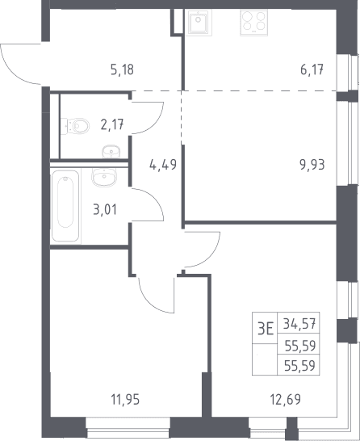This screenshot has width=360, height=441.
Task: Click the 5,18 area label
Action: coord(122,69)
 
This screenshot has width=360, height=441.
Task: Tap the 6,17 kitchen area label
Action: coord(312,69)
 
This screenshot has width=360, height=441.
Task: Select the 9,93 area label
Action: coord(312,165)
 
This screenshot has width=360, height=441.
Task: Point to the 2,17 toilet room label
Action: coord(112,124)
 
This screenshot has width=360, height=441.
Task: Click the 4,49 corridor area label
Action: coord(163,165)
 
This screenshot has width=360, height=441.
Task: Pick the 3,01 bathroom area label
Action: coord(105,210)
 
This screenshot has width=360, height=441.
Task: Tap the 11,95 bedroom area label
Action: coord(125,399)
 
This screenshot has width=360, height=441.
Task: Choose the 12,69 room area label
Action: coord(285,399)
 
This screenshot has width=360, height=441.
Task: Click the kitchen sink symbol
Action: coord(198,23)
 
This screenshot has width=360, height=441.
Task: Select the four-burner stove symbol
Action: coord(253,23)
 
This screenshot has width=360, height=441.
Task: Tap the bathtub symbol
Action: coord(65,206)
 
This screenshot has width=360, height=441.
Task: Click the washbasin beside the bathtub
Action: coord(104,177)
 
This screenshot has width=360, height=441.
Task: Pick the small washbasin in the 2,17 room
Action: coord(111,152)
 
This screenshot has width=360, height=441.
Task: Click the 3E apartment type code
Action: coord(266,328)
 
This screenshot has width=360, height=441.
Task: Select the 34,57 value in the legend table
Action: coord(299,323)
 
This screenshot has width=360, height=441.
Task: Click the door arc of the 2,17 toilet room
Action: coord(157,124)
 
